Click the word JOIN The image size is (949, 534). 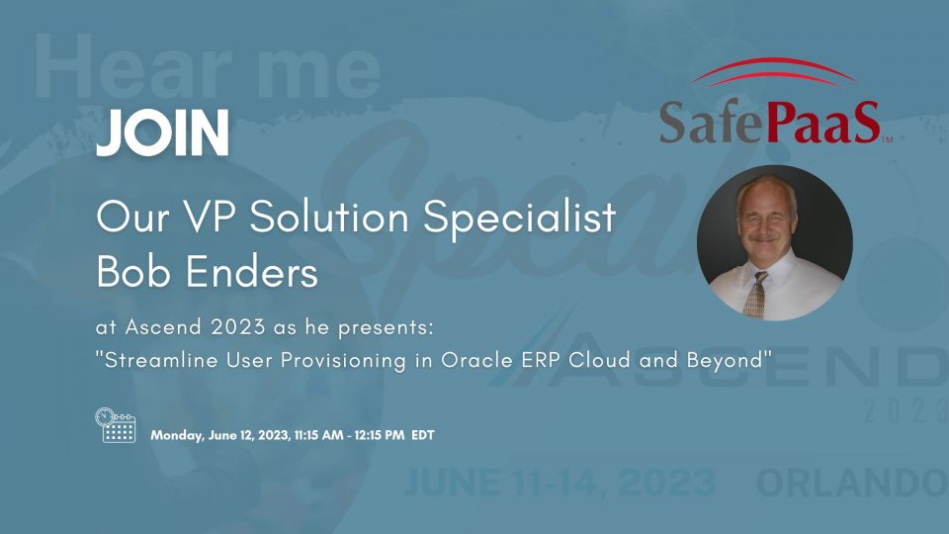pos(163,133)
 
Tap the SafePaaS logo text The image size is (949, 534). pos(769,122)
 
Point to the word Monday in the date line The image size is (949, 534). pos(175,435)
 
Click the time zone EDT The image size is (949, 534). pos(422,435)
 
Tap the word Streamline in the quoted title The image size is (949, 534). pos(158,360)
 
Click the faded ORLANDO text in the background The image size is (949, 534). pos(850,484)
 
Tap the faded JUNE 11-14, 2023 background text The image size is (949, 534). pos(559,484)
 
